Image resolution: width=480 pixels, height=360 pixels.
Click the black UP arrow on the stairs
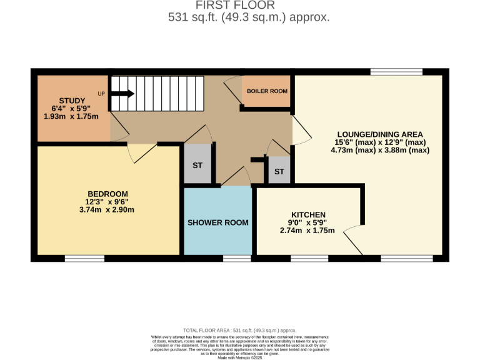[123, 94]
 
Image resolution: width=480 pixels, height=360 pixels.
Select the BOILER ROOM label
[267, 91]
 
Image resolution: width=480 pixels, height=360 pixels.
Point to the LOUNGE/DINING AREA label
[380, 134]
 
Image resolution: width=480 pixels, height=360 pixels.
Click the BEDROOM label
[107, 193]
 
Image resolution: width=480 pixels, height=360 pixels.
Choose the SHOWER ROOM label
[218, 222]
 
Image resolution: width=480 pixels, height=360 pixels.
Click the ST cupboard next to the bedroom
[197, 165]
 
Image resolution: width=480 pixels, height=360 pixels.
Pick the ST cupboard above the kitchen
[279, 171]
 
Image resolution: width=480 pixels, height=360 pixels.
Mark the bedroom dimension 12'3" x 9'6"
[107, 201]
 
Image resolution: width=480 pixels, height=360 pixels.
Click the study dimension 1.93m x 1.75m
[71, 116]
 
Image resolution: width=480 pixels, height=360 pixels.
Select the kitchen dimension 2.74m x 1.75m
[307, 231]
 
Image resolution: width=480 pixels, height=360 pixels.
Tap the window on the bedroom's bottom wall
[84, 257]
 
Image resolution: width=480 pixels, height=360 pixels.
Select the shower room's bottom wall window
[237, 257]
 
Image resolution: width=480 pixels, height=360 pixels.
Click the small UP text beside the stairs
[101, 94]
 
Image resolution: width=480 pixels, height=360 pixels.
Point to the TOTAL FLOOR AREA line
[239, 330]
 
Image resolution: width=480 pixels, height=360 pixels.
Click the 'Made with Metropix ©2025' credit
[239, 357]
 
